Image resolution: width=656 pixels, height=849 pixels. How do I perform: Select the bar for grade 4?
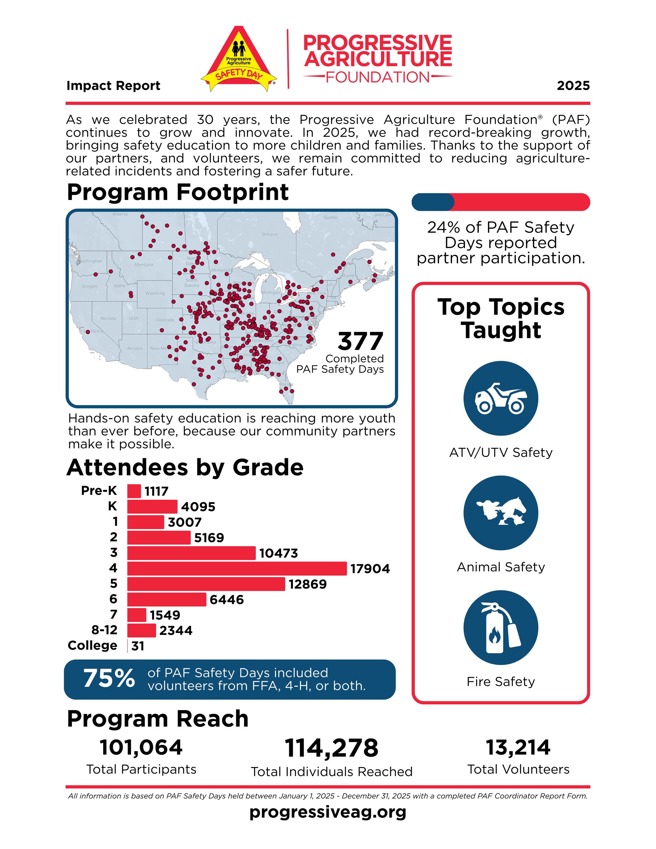pos(237,568)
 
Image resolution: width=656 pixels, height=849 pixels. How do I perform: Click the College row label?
pos(92,645)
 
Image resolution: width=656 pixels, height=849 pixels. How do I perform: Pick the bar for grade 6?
pos(166,599)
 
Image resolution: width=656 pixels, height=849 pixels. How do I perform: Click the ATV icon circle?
pos(501,398)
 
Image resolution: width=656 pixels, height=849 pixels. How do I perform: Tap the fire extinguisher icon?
pos(501,627)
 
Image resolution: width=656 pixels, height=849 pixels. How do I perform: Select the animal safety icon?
pos(501,513)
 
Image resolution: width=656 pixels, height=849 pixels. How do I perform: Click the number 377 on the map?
pos(360,341)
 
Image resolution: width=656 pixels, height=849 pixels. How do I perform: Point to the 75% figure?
pos(109,678)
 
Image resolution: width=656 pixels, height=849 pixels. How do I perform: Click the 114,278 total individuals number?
pos(331,748)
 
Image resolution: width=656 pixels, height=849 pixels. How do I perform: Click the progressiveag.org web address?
pos(328,812)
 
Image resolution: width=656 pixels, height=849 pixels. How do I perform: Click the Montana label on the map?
pos(144,265)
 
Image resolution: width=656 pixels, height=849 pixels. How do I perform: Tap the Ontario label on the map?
pos(270,234)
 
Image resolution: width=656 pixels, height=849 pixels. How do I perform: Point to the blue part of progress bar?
pos(432,202)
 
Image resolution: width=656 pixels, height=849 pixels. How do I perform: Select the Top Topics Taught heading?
pos(501,318)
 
